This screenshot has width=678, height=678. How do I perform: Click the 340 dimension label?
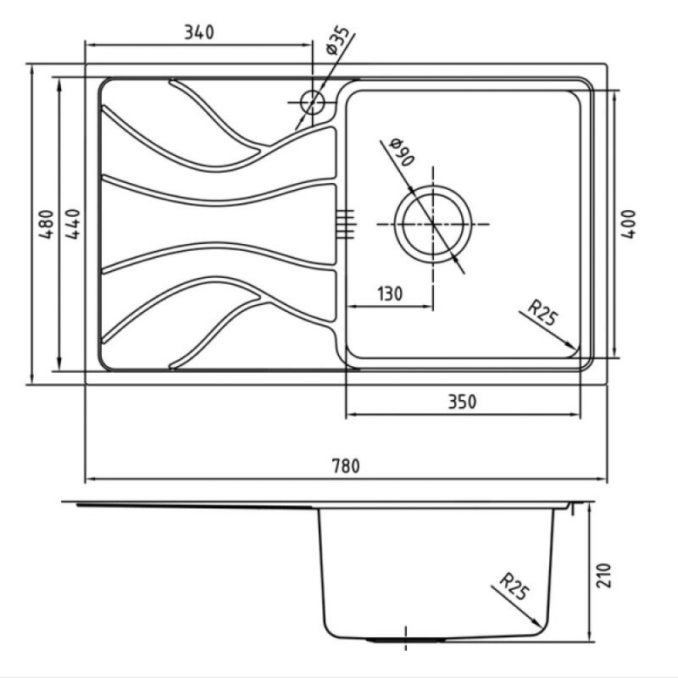click(199, 32)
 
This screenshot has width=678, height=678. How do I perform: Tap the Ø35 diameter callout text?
click(336, 41)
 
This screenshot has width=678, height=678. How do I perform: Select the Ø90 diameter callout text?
click(402, 152)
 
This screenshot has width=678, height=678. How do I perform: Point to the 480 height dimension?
click(46, 224)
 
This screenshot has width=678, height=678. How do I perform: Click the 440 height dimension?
click(72, 224)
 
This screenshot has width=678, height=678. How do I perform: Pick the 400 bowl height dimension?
click(628, 224)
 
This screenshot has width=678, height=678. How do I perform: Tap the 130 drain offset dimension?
click(390, 293)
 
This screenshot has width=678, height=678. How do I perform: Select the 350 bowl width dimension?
click(462, 402)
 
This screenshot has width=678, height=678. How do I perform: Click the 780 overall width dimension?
click(346, 466)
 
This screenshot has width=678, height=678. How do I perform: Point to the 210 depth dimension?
click(604, 575)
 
